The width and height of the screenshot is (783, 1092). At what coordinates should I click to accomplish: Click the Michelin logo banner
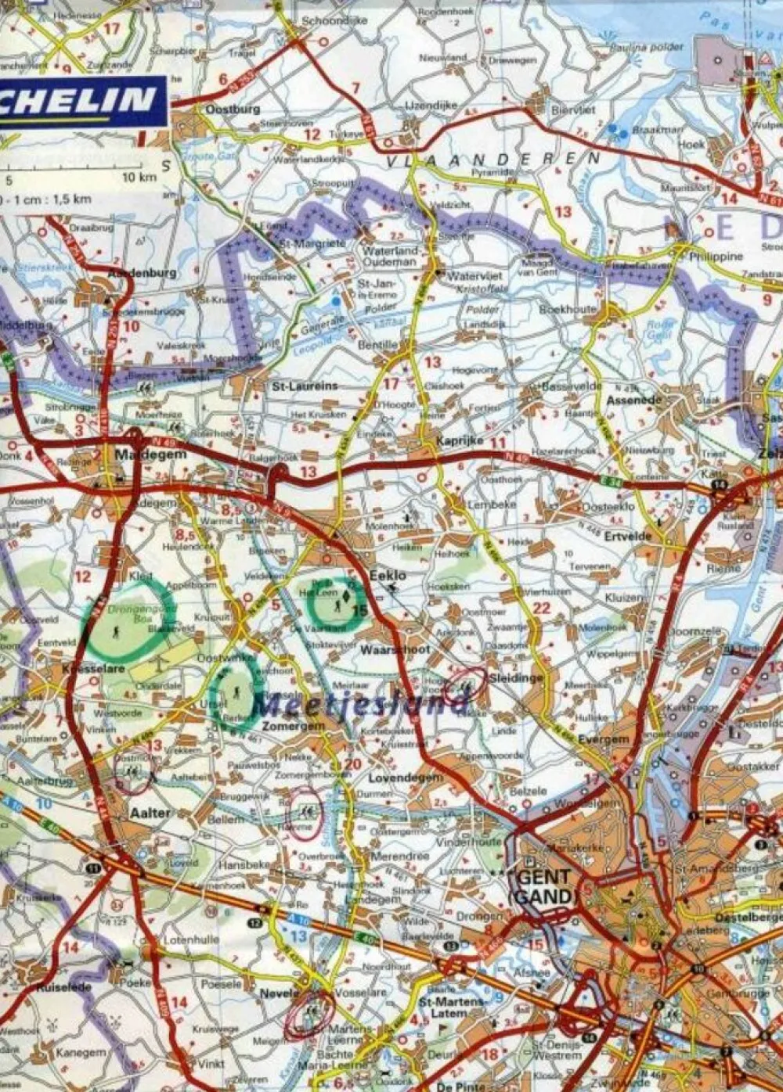[81, 100]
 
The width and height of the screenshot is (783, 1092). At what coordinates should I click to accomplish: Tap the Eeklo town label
[388, 575]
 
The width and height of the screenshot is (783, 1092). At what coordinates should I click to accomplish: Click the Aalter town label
[150, 813]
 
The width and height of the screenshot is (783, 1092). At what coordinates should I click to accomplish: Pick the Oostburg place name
[233, 110]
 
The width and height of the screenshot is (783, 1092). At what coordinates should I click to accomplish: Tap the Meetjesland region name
[360, 706]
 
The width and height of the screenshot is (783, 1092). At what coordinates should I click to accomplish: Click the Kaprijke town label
[460, 442]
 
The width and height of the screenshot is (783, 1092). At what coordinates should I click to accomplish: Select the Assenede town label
[634, 401]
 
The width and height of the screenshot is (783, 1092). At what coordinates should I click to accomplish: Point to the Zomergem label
[293, 726]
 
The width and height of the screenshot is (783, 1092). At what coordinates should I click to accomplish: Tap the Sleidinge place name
[515, 678]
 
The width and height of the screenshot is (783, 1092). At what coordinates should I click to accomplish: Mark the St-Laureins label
[305, 386]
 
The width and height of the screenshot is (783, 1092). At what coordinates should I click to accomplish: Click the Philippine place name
[716, 257]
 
